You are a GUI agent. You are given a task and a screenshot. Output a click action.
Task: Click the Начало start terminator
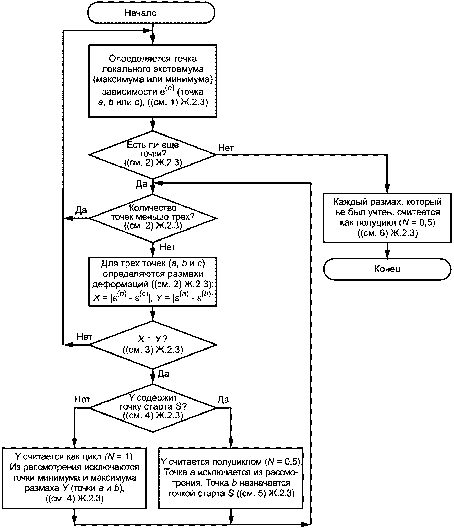click(151, 13)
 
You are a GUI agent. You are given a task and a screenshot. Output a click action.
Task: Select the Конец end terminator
click(387, 269)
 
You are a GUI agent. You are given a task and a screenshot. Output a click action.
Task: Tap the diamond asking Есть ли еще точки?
click(153, 155)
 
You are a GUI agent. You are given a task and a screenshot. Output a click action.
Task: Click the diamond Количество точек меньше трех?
click(153, 218)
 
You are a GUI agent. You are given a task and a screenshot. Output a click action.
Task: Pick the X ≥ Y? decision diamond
click(153, 345)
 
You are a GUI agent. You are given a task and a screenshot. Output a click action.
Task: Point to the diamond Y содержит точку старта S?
click(153, 408)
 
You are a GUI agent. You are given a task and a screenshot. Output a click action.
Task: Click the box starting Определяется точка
click(153, 81)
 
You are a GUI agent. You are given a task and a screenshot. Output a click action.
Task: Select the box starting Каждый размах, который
click(387, 218)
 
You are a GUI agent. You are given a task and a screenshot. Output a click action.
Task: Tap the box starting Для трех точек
click(153, 282)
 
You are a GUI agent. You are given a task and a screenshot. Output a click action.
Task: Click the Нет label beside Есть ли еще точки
click(226, 148)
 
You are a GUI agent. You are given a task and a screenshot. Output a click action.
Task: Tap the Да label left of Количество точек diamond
click(81, 210)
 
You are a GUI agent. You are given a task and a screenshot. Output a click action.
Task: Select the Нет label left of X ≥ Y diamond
click(84, 337)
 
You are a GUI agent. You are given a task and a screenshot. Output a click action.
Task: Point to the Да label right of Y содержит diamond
click(223, 399)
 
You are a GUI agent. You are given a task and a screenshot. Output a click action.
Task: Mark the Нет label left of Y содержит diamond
click(82, 399)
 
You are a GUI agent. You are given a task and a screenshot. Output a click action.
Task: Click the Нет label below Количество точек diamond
click(167, 247)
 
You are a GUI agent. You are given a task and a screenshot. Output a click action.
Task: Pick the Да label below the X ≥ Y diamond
click(163, 374)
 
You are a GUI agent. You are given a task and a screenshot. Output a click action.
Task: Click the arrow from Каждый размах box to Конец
click(387, 250)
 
